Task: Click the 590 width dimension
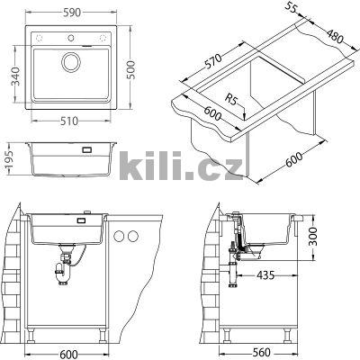[72, 13]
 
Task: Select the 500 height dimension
[130, 70]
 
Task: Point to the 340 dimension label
[15, 76]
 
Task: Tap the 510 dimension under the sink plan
[69, 121]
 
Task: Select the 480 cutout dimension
[334, 36]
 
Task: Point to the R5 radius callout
[230, 99]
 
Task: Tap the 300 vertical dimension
[313, 236]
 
